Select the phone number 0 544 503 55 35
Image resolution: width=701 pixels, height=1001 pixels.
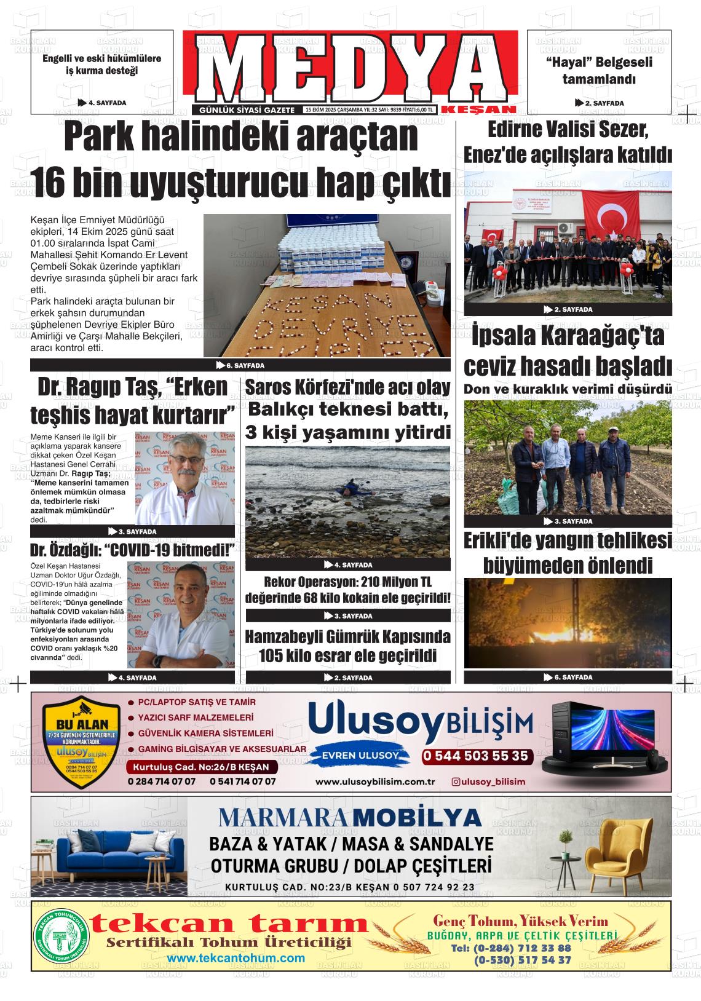click(x=475, y=756)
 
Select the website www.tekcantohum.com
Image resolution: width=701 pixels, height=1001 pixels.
click(x=236, y=958)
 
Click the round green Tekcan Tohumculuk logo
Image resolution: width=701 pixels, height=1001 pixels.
click(x=61, y=936)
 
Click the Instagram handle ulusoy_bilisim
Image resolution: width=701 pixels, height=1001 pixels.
click(x=488, y=781)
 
